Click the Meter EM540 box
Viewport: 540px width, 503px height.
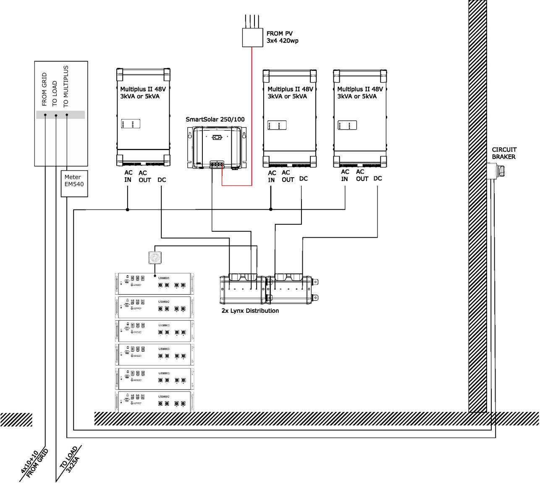[74, 183]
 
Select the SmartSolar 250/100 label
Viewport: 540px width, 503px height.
[215, 119]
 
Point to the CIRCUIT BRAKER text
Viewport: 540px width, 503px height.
[504, 153]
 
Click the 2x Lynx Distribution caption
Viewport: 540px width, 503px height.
[250, 311]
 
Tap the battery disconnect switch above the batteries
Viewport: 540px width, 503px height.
[155, 257]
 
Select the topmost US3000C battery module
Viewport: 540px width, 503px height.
[155, 284]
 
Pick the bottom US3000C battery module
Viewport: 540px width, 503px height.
[155, 401]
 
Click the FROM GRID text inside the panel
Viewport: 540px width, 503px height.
[45, 89]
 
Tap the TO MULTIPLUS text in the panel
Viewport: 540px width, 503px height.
[66, 86]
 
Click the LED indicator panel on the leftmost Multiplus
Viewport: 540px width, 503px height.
[131, 124]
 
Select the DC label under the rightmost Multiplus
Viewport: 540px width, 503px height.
[377, 179]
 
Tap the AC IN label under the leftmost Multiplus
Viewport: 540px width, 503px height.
[128, 176]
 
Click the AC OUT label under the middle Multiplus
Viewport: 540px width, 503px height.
[288, 176]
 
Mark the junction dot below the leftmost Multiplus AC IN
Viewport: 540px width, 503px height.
[127, 209]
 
